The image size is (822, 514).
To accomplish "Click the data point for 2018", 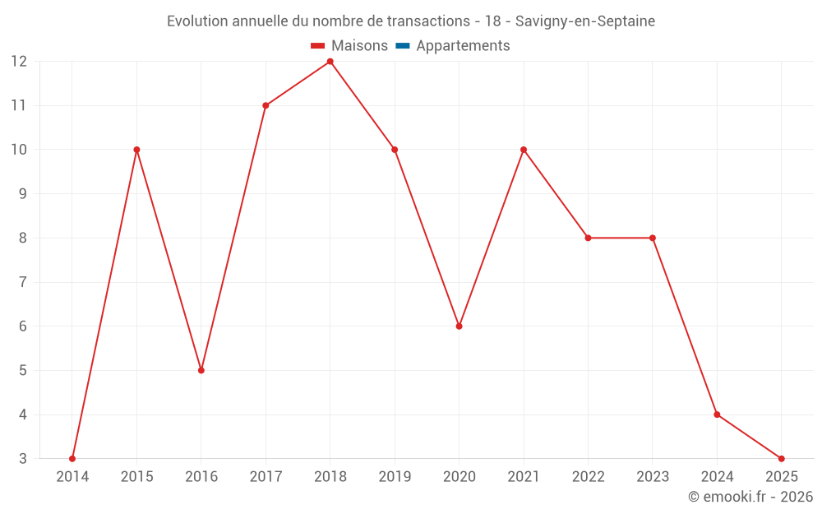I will click(x=330, y=62).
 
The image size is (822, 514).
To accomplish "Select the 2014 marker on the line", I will click(x=72, y=459).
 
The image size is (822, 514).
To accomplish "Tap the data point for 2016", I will click(x=201, y=370).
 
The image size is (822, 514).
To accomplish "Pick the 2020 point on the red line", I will click(x=459, y=326).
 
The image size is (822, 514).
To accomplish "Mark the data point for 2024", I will click(x=717, y=414).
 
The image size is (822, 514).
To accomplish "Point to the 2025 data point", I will click(x=781, y=459).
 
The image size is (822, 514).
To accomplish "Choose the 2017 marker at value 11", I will click(x=266, y=105).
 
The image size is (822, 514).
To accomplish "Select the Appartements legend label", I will click(x=463, y=46).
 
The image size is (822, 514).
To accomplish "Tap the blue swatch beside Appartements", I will click(x=402, y=46).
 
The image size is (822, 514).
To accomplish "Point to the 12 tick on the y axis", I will click(x=19, y=62).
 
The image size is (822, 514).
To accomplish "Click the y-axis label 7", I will click(x=23, y=282).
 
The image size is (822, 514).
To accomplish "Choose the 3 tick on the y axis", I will click(x=23, y=459).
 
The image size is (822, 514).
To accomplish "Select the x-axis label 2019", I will click(x=395, y=477).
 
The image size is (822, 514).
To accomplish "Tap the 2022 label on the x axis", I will click(x=588, y=477).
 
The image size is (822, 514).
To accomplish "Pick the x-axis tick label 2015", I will click(x=136, y=477).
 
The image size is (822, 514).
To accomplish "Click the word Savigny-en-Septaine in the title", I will click(x=585, y=21).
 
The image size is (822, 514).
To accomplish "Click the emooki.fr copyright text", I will click(x=750, y=497).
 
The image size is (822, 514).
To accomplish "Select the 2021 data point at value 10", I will click(x=524, y=150).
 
